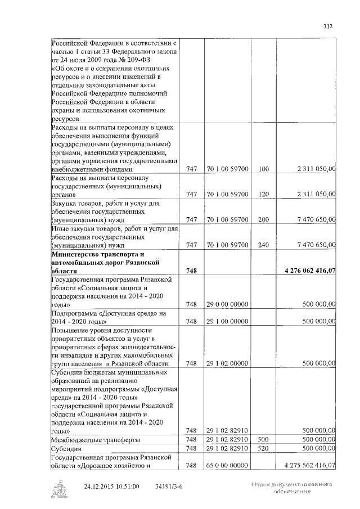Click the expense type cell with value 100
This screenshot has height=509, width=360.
point(264,169)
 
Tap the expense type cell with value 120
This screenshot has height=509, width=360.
point(264,194)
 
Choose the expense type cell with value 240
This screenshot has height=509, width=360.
point(264,245)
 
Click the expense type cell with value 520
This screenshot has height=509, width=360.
point(264,448)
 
